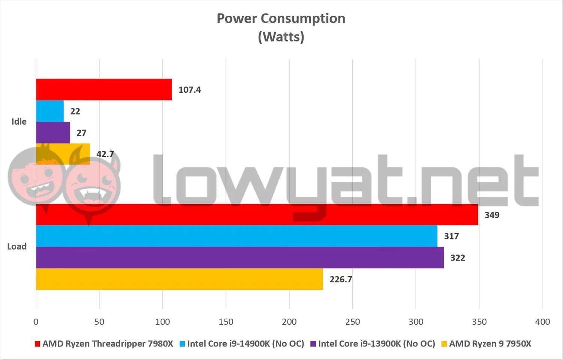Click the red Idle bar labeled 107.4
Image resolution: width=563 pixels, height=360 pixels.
tap(104, 89)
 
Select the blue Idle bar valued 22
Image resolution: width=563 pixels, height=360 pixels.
tap(50, 111)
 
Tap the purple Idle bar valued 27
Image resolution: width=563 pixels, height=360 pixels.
tap(53, 133)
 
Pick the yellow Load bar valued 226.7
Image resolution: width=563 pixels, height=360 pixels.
tap(180, 279)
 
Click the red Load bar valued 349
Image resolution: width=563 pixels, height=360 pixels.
tap(257, 215)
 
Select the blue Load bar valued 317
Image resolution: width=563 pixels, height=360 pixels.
tap(237, 236)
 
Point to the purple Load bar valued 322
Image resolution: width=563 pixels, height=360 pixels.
tap(240, 258)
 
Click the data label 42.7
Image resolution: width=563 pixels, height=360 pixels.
tap(105, 154)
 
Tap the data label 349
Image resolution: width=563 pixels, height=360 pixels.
tap(492, 215)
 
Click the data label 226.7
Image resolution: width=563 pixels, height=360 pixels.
tap(341, 279)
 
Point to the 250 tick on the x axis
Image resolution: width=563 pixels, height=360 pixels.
tap(352, 322)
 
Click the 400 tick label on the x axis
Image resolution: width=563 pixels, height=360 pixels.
tap(543, 322)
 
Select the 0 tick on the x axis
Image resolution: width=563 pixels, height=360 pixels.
tap(36, 322)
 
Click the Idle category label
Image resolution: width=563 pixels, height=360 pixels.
tap(19, 122)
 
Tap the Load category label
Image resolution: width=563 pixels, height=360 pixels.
tap(17, 246)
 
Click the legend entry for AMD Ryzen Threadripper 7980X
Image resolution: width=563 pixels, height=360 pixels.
tap(104, 343)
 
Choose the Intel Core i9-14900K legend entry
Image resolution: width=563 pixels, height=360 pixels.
tap(242, 343)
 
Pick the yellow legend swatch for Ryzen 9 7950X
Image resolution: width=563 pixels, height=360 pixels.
tap(444, 344)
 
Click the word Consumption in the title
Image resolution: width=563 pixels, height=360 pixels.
tap(303, 19)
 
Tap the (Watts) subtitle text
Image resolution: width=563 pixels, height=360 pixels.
tap(281, 37)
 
